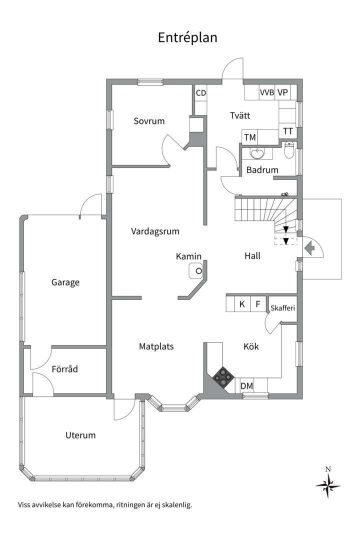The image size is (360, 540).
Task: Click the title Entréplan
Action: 187,38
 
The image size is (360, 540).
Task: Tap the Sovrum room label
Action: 149,121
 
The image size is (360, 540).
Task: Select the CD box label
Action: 201,93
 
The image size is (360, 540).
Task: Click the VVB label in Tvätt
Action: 266,92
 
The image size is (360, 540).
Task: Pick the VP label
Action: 283,92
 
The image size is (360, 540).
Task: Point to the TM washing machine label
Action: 249,137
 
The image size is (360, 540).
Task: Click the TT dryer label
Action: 288,131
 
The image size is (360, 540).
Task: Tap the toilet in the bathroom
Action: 288,150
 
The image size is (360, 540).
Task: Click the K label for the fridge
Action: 242,304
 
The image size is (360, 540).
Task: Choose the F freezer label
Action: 258,304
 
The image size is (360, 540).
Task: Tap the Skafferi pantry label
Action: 282,307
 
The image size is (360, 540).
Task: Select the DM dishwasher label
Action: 246,386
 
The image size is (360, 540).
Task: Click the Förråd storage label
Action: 65,369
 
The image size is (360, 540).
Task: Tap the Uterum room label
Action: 80,435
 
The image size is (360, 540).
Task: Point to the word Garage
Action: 65,282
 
